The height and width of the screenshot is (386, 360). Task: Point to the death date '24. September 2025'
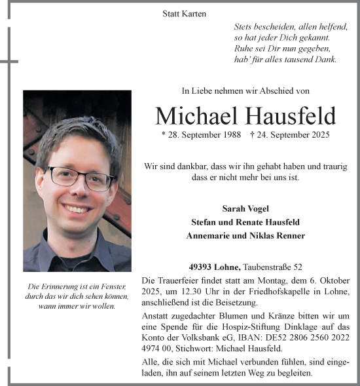pos(292,134)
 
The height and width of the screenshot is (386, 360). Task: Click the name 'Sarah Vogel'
pos(245,208)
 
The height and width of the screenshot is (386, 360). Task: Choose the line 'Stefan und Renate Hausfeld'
pos(245,222)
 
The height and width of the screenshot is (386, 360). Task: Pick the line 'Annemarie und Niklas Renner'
pos(245,236)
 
